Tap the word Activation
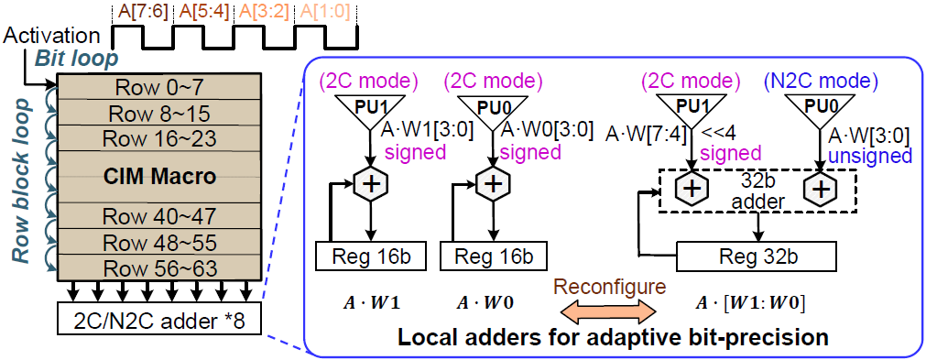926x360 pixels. tap(50, 36)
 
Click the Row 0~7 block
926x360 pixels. tap(153, 88)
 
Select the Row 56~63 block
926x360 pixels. tap(153, 267)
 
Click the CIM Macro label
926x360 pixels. tap(153, 175)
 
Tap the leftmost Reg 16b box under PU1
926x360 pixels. tap(369, 255)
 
